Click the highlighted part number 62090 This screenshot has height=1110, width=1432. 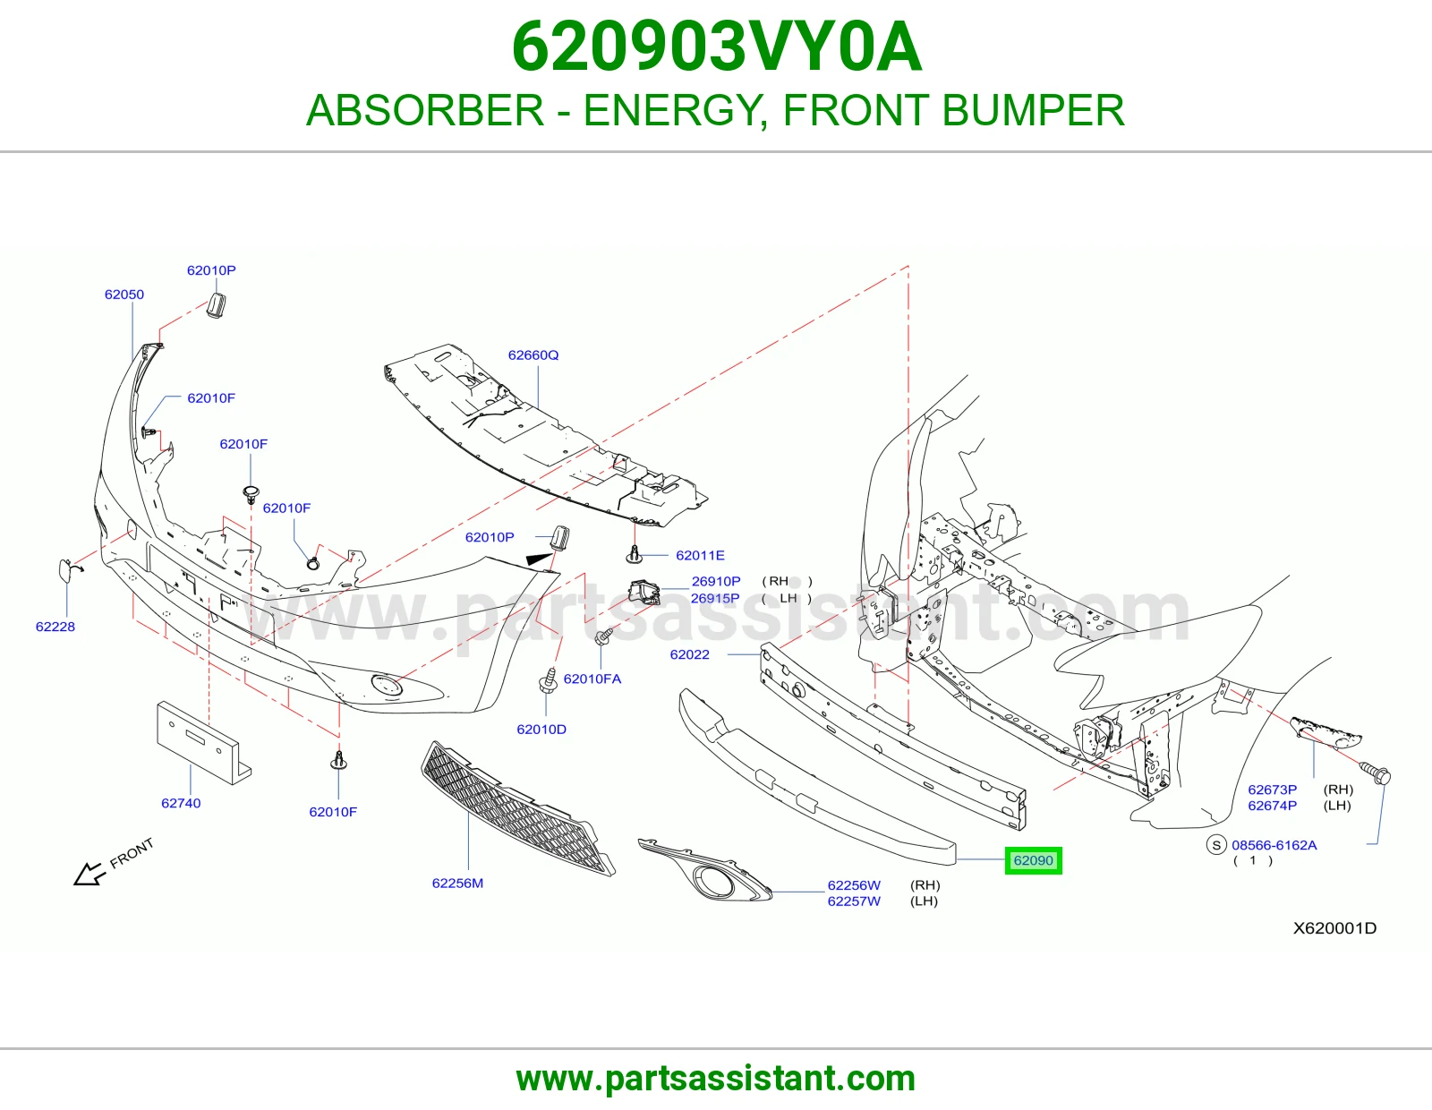point(1033,860)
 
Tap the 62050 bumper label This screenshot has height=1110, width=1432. point(124,295)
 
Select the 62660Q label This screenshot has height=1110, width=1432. point(533,355)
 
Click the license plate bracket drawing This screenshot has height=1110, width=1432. point(204,743)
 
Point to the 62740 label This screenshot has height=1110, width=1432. point(181,803)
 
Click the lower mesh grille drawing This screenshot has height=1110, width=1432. point(517,808)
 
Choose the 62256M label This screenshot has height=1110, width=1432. point(457,884)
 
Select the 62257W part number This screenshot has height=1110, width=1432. point(854,901)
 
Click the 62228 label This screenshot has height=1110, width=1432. point(55,627)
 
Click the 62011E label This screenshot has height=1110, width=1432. point(700,556)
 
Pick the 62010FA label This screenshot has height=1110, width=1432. point(592,679)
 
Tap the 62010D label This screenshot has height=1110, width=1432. point(541,729)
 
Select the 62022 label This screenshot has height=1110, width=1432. point(690,654)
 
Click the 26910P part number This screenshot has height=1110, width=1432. point(716,581)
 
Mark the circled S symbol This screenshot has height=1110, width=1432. point(1216,844)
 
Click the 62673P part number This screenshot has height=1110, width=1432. point(1273,789)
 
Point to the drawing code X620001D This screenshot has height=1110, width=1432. point(1334,928)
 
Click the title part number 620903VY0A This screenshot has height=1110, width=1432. point(716,47)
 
